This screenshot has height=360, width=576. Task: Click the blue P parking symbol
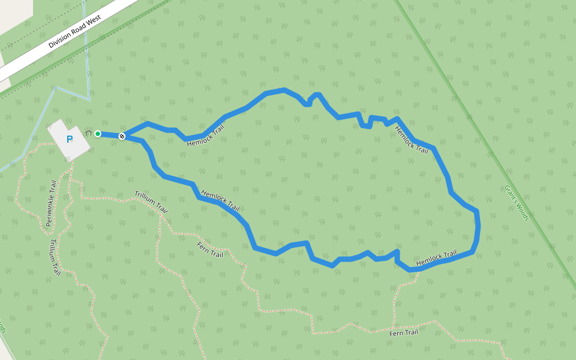[70, 140]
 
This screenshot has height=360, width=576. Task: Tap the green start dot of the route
[98, 134]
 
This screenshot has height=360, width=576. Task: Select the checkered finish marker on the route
[122, 137]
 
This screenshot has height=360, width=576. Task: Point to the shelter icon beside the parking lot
[88, 133]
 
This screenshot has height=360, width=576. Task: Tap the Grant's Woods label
[516, 202]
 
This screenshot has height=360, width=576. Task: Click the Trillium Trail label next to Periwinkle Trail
[55, 257]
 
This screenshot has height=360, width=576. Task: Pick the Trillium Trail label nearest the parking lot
[151, 202]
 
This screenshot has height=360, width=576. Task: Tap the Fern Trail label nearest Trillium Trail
[210, 250]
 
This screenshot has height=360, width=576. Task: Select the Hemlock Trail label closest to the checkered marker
[205, 135]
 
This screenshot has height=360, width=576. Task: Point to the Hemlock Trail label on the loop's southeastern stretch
[436, 258]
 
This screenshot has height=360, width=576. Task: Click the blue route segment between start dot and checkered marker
[110, 135]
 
